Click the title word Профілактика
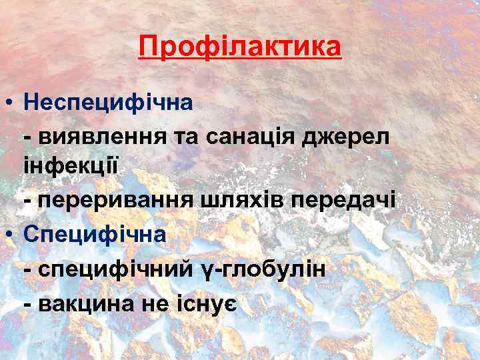pos(240,47)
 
